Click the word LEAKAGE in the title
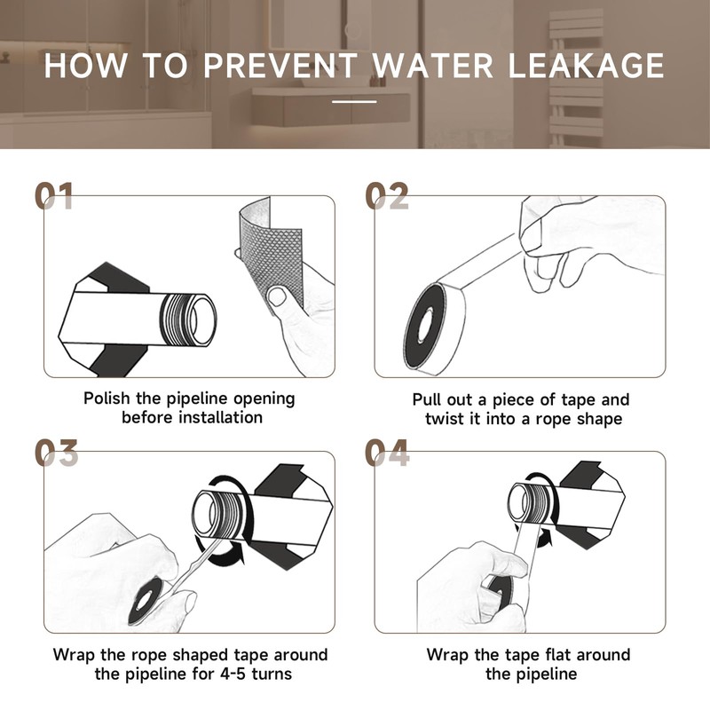click(x=586, y=66)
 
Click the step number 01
click(x=54, y=195)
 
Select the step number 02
click(x=387, y=195)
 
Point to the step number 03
click(x=56, y=453)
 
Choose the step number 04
click(x=387, y=453)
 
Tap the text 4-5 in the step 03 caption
click(x=233, y=674)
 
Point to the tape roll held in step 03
click(x=146, y=601)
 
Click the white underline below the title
click(x=354, y=101)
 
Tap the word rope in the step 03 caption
click(x=150, y=656)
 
